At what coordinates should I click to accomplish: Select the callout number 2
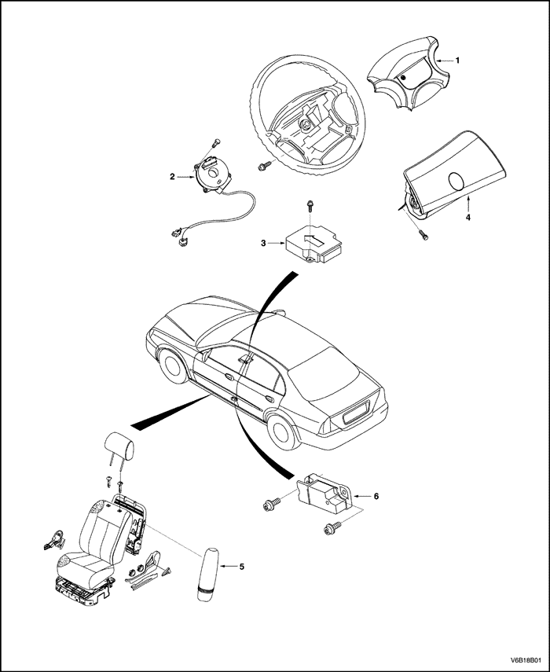pyautogui.click(x=171, y=177)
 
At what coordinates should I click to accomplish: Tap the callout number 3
pyautogui.click(x=264, y=244)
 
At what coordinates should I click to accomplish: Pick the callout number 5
pyautogui.click(x=242, y=566)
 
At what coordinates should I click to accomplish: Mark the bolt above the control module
pyautogui.click(x=311, y=206)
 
